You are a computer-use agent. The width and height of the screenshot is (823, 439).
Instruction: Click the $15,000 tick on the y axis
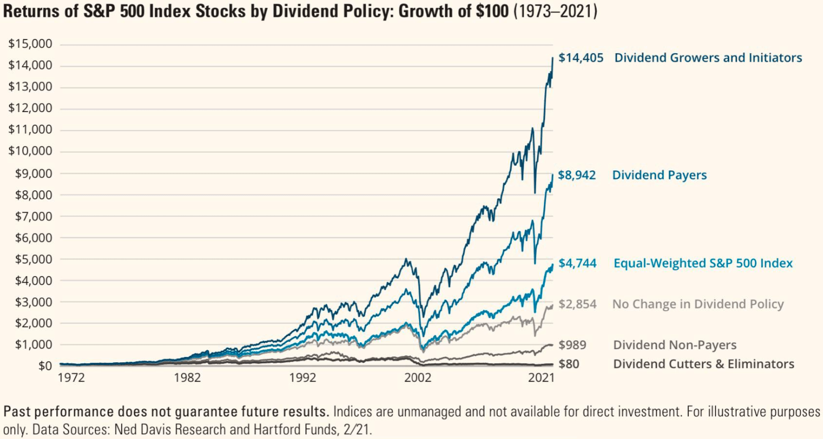tap(30, 44)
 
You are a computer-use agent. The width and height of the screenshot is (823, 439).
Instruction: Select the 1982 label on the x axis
tap(187, 378)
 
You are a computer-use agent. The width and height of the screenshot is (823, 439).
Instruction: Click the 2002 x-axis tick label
tap(418, 378)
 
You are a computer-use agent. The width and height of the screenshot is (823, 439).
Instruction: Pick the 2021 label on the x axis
tap(541, 378)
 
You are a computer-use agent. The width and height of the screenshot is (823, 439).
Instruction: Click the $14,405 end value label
tap(580, 58)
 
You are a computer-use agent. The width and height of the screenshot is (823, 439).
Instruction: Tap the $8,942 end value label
tap(577, 175)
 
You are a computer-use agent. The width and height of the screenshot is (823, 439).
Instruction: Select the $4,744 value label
tap(577, 263)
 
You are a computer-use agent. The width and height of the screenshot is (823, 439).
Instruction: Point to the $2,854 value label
tap(577, 304)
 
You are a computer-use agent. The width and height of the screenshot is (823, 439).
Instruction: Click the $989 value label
tap(572, 345)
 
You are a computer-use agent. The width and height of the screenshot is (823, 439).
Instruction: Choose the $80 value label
tap(569, 364)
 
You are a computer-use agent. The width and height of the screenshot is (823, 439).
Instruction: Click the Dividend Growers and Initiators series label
tap(708, 58)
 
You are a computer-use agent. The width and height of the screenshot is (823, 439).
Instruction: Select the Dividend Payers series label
tap(659, 175)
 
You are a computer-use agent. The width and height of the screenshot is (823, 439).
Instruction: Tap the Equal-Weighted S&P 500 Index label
tap(703, 263)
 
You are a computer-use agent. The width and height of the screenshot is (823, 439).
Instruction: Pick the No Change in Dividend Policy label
tap(698, 304)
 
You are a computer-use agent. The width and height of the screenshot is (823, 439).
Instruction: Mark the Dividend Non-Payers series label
tap(675, 345)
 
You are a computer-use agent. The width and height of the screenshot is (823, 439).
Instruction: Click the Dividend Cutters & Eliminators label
tap(704, 364)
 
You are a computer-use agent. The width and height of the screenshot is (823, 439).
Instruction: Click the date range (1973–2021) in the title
tap(555, 11)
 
